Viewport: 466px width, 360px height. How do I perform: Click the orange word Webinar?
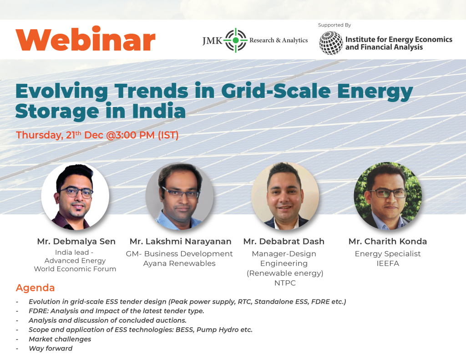pyautogui.click(x=86, y=41)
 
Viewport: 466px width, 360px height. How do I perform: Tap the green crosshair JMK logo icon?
pyautogui.click(x=235, y=40)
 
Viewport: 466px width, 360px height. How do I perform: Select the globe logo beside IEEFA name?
pyautogui.click(x=331, y=43)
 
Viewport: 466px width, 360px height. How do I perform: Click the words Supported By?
pyautogui.click(x=334, y=25)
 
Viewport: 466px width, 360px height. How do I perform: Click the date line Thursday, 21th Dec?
pyautogui.click(x=97, y=135)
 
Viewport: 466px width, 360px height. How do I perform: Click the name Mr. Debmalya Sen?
pyautogui.click(x=76, y=241)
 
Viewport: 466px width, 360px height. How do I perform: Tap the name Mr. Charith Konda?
pyautogui.click(x=388, y=241)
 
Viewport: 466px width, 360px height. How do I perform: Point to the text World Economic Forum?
pyautogui.click(x=75, y=269)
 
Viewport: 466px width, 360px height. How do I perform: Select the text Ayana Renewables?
pyautogui.click(x=179, y=264)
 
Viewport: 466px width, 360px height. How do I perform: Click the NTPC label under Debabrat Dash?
pyautogui.click(x=284, y=283)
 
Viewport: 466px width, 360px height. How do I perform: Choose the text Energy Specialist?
pyautogui.click(x=388, y=254)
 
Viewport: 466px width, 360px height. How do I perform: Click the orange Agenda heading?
pyautogui.click(x=35, y=288)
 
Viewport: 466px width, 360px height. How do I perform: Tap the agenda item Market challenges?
pyautogui.click(x=60, y=339)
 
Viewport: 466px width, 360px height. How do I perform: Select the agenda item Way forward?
pyautogui.click(x=51, y=349)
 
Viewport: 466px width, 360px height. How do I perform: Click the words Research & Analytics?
pyautogui.click(x=279, y=41)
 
